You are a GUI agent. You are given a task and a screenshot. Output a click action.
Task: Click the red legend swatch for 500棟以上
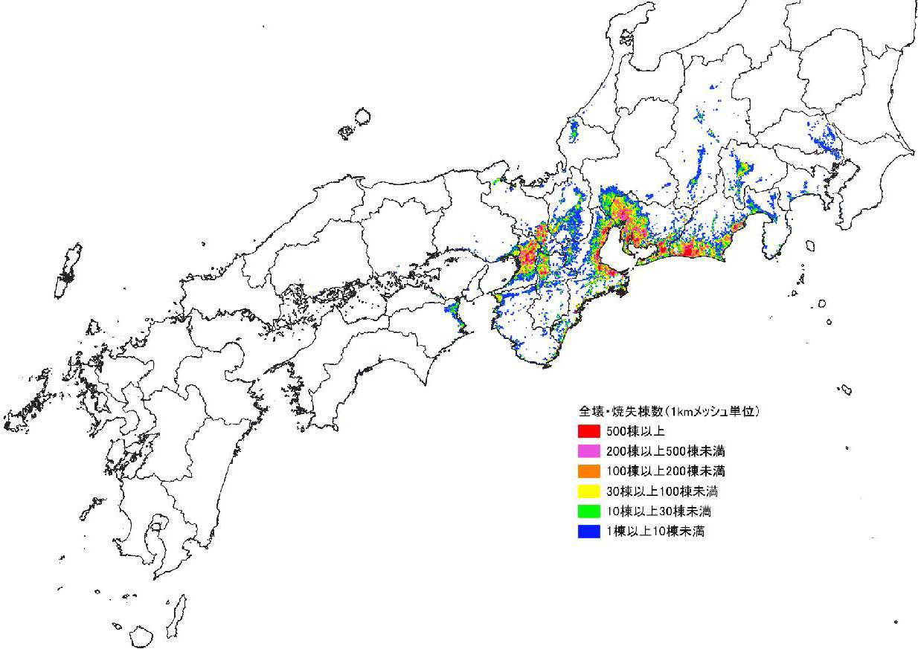point(588,430)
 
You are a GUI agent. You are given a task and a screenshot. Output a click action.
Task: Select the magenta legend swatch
point(588,451)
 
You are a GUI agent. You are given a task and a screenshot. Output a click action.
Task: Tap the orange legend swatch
point(588,471)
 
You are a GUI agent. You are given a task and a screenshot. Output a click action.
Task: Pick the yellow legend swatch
point(588,491)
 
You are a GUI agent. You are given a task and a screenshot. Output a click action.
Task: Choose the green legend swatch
point(588,511)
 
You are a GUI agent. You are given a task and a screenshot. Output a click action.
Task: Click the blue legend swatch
point(588,531)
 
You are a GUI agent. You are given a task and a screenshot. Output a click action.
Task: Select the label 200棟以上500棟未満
point(666,451)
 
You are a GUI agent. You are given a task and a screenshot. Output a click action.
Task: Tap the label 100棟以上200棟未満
point(666,471)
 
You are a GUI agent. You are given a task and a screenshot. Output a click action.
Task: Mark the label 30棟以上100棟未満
point(662,491)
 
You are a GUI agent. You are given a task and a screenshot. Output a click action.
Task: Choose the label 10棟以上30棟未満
point(658,511)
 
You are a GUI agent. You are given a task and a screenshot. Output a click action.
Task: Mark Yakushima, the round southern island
point(141,636)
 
